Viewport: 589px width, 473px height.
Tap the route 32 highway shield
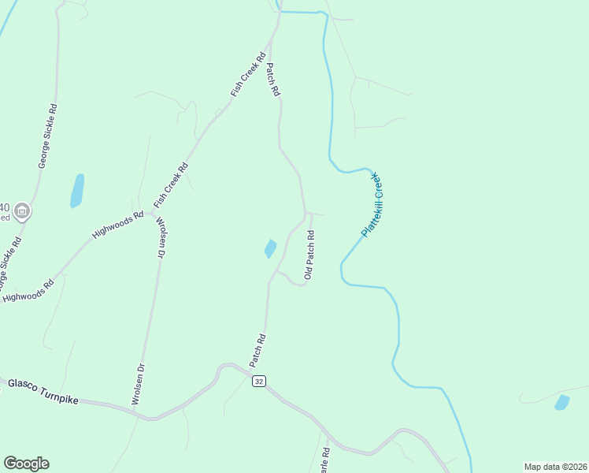pyautogui.click(x=259, y=381)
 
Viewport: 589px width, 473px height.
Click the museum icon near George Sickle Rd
pyautogui.click(x=21, y=210)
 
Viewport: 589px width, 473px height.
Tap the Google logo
pyautogui.click(x=26, y=464)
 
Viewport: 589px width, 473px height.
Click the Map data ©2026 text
pyautogui.click(x=554, y=467)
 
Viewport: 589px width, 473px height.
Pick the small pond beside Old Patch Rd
pyautogui.click(x=270, y=248)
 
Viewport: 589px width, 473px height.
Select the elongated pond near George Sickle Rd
pyautogui.click(x=77, y=191)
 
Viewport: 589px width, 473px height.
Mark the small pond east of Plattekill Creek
pyautogui.click(x=561, y=403)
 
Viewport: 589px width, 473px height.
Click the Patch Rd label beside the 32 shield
pyautogui.click(x=257, y=351)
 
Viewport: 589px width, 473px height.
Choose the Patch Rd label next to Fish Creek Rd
pyautogui.click(x=273, y=80)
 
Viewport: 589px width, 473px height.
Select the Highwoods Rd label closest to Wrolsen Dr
pyautogui.click(x=118, y=225)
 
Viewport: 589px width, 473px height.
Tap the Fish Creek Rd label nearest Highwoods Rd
pyautogui.click(x=172, y=181)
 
